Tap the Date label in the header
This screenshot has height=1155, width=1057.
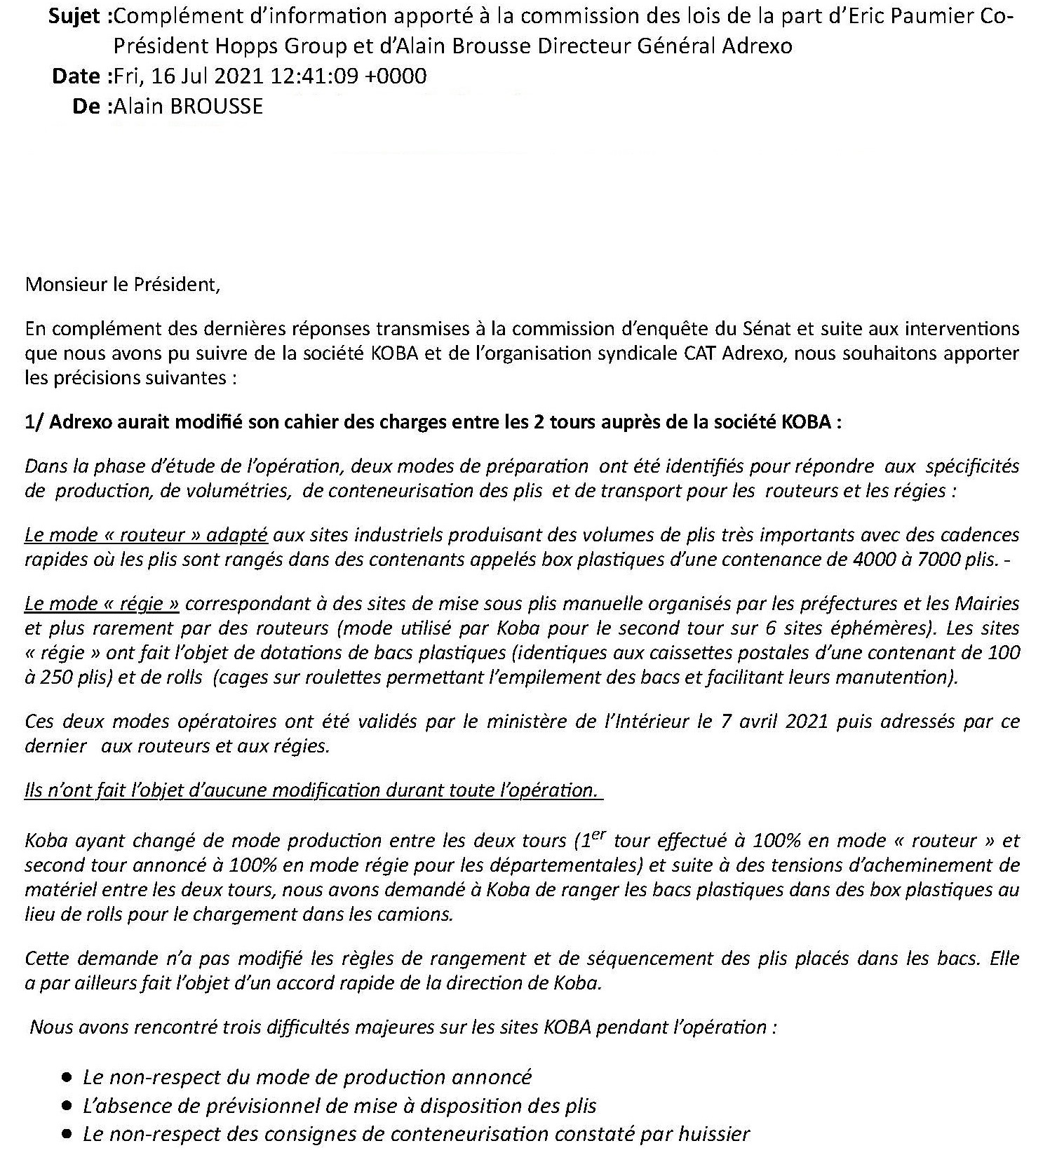pyautogui.click(x=77, y=76)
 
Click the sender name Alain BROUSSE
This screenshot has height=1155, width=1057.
pyautogui.click(x=188, y=106)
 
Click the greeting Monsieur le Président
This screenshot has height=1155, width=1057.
pyautogui.click(x=122, y=285)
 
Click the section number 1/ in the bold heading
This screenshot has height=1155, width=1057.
pyautogui.click(x=34, y=422)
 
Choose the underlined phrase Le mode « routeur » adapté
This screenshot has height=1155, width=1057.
pyautogui.click(x=146, y=535)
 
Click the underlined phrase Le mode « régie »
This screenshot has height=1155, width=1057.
pyautogui.click(x=102, y=604)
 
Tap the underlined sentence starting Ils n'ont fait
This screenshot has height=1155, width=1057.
pyautogui.click(x=314, y=790)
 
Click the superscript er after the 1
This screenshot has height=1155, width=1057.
pyautogui.click(x=601, y=835)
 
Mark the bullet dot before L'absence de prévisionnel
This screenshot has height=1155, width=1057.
pyautogui.click(x=67, y=1106)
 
